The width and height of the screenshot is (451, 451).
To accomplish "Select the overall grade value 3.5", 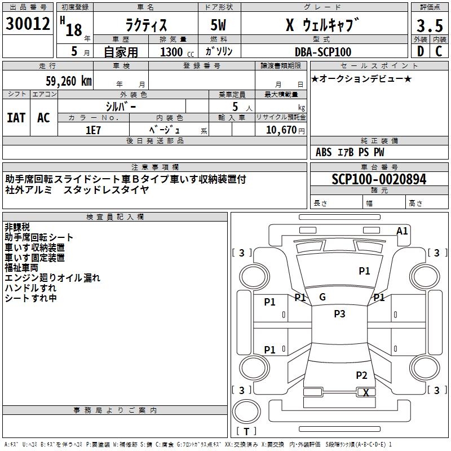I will (428, 26).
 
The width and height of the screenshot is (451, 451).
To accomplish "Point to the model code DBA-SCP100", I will (323, 52).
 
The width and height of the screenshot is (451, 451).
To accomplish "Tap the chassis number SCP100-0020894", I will (379, 179).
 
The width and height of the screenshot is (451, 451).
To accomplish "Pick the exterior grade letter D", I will (419, 52).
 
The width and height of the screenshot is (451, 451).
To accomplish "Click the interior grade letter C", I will (439, 52).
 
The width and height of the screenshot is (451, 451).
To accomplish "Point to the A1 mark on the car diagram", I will (402, 231).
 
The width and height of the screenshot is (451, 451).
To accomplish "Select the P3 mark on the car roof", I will (339, 314).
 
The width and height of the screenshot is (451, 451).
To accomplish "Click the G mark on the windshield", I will (322, 297).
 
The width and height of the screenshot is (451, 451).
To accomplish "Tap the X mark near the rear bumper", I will (366, 393).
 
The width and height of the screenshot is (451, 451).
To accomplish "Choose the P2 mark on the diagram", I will (361, 375).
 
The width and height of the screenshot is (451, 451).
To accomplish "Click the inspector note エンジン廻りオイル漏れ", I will (52, 277).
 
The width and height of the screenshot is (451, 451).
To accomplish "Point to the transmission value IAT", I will (16, 117).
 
